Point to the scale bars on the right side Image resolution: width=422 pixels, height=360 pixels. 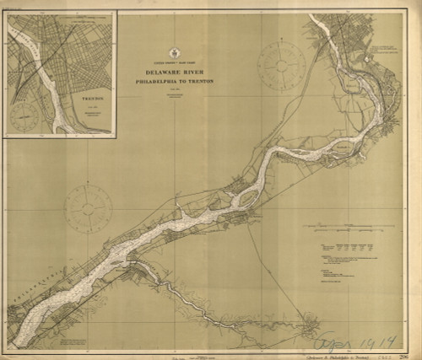click(x=346, y=228)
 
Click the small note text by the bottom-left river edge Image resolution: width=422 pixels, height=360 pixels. click(x=80, y=340)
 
